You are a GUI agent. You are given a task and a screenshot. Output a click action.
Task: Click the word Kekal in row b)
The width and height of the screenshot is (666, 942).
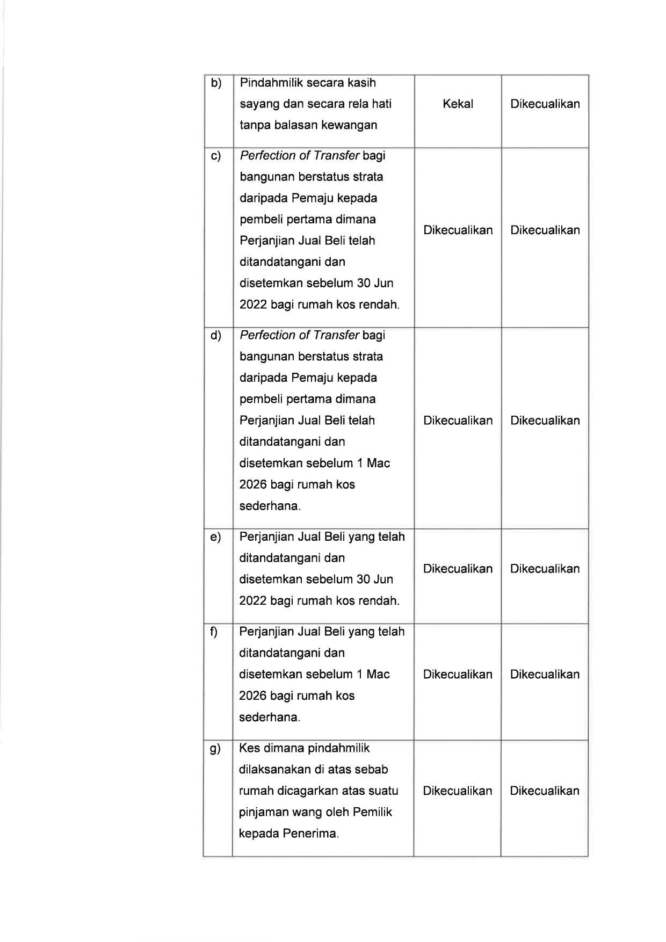pyautogui.click(x=458, y=104)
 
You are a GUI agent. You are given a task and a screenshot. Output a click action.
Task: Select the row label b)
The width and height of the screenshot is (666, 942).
pyautogui.click(x=216, y=83)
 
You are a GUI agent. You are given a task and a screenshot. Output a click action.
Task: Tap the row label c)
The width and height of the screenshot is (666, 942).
pyautogui.click(x=216, y=156)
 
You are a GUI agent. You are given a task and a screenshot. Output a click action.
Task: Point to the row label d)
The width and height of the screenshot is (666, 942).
pyautogui.click(x=216, y=336)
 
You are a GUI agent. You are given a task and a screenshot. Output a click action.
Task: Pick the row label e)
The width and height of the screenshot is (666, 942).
pyautogui.click(x=215, y=537)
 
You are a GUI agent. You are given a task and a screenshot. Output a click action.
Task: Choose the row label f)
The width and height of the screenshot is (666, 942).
pyautogui.click(x=214, y=632)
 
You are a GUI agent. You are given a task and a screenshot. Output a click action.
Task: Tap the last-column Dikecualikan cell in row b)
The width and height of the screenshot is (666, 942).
pyautogui.click(x=545, y=104)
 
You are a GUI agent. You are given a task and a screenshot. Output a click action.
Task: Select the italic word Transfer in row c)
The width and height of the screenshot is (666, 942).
pyautogui.click(x=337, y=156)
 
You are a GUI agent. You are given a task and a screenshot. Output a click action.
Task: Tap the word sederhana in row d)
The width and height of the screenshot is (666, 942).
pyautogui.click(x=269, y=506)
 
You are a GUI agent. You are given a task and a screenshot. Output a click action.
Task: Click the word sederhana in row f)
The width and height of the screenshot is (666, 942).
pyautogui.click(x=269, y=717)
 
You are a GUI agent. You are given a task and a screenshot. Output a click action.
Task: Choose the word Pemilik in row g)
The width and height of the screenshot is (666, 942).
pyautogui.click(x=372, y=812)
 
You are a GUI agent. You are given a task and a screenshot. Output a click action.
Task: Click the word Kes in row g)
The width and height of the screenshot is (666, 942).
pyautogui.click(x=249, y=748)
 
